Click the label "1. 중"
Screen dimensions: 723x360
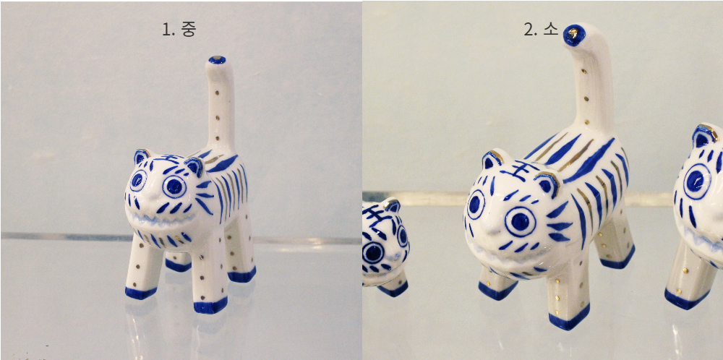(x=179, y=29)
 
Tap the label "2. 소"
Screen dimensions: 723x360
(x=541, y=30)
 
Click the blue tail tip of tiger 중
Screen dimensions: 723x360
(x=217, y=59)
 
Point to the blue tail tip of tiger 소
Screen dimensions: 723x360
(x=574, y=35)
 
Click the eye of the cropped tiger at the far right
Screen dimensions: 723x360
(x=697, y=181)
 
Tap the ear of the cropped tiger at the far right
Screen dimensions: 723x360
(x=704, y=135)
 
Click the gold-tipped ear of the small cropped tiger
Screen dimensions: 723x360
(x=393, y=205)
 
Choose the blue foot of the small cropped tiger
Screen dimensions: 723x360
(x=393, y=289)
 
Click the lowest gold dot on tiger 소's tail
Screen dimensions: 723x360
(x=586, y=123)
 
